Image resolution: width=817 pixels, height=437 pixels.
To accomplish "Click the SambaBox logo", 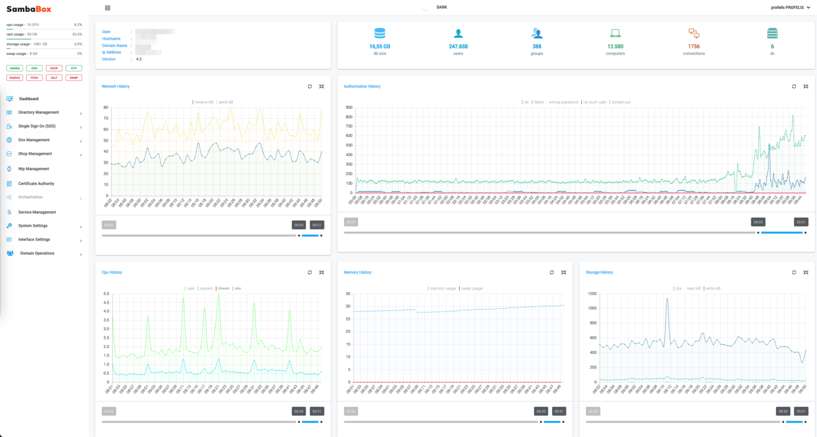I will tap(29, 9).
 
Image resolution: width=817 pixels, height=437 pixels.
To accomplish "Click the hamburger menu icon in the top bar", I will tap(107, 8).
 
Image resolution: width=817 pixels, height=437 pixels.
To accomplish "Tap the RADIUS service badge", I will tap(15, 78).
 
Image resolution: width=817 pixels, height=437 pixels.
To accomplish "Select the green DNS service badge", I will tap(34, 68).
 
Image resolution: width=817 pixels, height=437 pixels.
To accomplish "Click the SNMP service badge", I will tap(73, 78).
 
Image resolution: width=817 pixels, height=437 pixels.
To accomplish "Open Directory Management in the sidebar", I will tap(38, 112).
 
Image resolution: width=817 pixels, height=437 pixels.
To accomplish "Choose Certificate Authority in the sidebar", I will tap(36, 184).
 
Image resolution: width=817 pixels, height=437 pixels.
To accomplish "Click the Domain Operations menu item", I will tap(37, 253).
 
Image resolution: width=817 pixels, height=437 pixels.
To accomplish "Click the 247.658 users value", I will tap(458, 46).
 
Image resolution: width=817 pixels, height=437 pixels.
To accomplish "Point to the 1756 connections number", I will tap(694, 46).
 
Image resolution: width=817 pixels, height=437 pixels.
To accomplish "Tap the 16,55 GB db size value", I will tap(380, 46).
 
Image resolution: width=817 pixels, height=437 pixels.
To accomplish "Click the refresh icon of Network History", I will tap(310, 86).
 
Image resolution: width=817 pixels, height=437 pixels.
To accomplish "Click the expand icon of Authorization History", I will tap(805, 86).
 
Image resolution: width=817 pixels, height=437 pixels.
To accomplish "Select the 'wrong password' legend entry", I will tap(563, 102).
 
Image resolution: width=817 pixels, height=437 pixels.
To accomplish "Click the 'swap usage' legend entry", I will tap(471, 288).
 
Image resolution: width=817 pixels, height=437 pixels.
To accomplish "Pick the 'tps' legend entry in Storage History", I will tap(678, 288).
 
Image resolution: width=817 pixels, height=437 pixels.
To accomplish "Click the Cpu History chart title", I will tap(112, 272).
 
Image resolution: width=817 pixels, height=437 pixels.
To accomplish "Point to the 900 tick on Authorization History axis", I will tap(349, 108).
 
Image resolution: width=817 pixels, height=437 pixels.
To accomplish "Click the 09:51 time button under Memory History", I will tap(558, 411).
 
